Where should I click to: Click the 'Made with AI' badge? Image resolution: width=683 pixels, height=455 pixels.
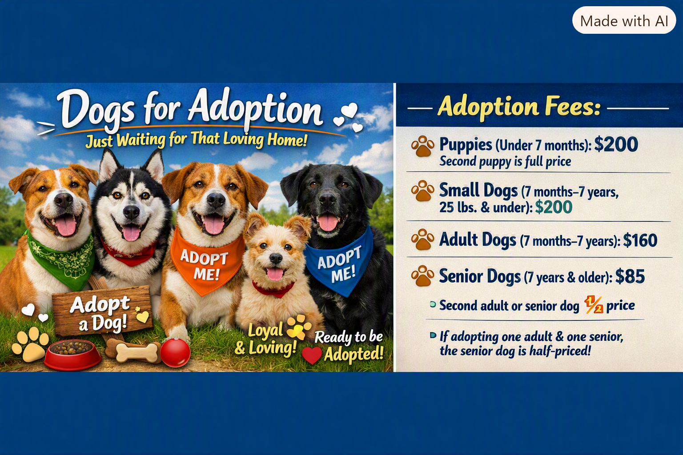624,20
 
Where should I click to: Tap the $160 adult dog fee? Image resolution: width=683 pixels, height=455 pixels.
640,240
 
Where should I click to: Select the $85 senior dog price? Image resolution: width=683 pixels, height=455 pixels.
630,276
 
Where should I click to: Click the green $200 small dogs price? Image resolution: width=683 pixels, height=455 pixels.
554,207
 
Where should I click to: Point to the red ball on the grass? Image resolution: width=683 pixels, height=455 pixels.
175,353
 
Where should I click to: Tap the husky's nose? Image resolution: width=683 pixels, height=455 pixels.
132,212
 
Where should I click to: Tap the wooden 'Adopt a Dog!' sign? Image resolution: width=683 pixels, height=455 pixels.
102,311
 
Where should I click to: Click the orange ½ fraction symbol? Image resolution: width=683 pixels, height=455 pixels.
593,305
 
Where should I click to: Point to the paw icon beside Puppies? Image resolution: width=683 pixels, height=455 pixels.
422,146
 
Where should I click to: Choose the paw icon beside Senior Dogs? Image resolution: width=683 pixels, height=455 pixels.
422,276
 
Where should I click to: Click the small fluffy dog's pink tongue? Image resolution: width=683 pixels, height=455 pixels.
275,274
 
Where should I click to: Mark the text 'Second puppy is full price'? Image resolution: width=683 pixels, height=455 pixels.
505,161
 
